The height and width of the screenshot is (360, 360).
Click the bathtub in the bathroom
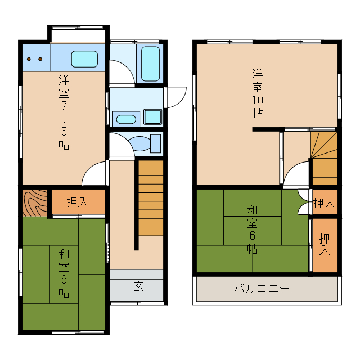(150, 64)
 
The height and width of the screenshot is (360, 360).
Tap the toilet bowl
(141, 143)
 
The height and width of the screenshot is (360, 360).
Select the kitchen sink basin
(85, 58)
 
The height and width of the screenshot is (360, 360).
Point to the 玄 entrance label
(138, 286)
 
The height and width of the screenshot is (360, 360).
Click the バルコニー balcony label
(262, 289)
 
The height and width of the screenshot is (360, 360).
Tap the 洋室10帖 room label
(258, 93)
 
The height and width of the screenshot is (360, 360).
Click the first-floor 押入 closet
(78, 202)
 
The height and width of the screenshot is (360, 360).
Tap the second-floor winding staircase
(325, 157)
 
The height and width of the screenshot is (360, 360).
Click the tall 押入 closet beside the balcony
(325, 245)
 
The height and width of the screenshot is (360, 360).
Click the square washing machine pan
(152, 117)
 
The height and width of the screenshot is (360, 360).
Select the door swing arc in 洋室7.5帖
(94, 174)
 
